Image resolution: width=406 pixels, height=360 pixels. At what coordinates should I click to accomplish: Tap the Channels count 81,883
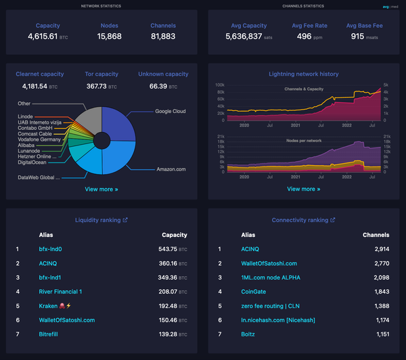click(163, 37)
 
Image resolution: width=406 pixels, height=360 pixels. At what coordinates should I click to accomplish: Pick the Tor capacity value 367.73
click(97, 87)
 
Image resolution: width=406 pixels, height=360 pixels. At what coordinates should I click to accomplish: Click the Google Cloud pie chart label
click(170, 111)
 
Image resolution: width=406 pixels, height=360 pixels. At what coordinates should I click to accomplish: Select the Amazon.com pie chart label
click(171, 169)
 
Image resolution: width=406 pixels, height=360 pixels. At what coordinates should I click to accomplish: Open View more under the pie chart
click(101, 189)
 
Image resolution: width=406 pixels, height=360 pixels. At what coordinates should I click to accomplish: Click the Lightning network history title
click(304, 74)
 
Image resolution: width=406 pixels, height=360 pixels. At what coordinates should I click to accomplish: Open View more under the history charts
click(304, 189)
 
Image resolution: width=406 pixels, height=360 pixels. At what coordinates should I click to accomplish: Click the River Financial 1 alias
click(61, 291)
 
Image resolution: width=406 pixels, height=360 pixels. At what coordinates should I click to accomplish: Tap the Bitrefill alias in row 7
click(51, 334)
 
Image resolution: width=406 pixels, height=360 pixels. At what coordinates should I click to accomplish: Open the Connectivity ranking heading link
click(304, 220)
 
